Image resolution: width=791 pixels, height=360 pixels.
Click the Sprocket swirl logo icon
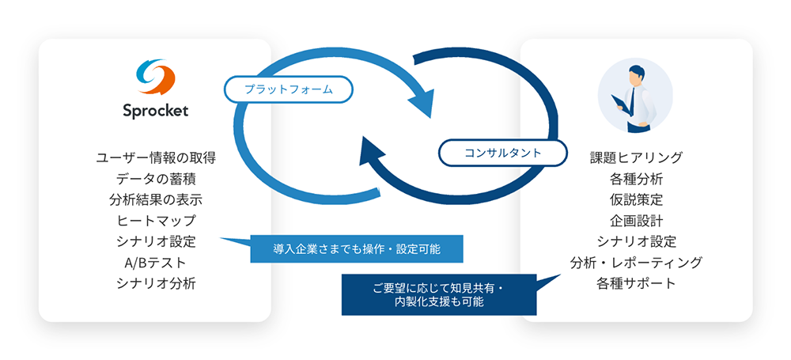coord(155,76)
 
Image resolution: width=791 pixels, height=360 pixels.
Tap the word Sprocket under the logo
coord(155,110)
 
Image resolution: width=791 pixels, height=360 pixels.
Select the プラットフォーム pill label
coord(288,90)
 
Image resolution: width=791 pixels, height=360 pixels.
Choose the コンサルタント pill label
coord(502,152)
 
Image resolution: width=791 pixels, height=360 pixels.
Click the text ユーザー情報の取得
coord(156,158)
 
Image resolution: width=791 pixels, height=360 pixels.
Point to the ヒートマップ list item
coord(156,221)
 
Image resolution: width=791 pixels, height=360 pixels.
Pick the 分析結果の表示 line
coord(156,200)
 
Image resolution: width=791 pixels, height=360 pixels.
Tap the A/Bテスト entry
coord(155,263)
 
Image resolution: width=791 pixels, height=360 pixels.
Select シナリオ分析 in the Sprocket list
coord(156,283)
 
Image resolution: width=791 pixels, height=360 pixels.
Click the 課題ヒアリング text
coord(636,157)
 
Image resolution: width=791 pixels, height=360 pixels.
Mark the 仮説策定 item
coord(636,199)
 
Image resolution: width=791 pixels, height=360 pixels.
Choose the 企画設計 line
coord(636,221)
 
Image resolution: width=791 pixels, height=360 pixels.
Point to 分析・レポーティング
coord(636,263)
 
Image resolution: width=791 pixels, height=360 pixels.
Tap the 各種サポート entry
coord(636,283)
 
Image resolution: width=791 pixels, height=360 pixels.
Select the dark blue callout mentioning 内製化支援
coord(438,295)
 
